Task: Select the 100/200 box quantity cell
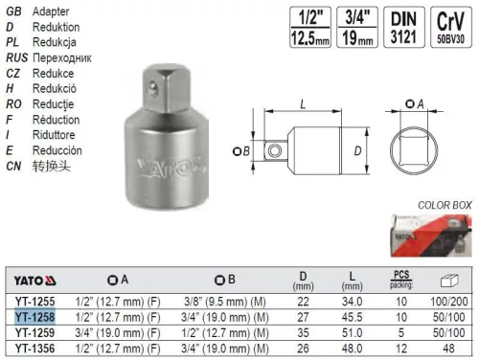(x=455, y=300)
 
